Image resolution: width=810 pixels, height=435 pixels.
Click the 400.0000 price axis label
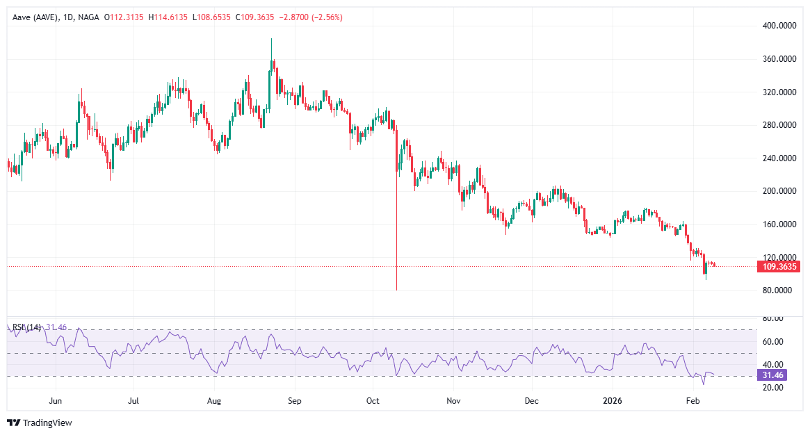point(779,26)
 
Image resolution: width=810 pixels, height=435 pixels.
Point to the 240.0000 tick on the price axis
point(779,158)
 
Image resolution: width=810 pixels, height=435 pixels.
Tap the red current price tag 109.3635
point(780,266)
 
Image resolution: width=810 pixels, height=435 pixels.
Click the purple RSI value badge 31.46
point(773,376)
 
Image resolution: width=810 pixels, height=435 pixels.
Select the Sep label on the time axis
point(294,401)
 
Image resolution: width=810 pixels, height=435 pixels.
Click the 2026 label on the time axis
point(613,401)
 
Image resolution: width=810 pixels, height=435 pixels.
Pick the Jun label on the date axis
point(56,401)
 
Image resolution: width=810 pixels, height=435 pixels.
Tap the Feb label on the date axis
point(692,401)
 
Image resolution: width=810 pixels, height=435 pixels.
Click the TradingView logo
point(40,422)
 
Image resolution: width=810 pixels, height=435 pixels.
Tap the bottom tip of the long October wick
point(396,290)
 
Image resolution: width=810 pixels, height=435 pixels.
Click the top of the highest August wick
point(271,39)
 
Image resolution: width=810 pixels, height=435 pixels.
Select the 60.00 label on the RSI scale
point(772,341)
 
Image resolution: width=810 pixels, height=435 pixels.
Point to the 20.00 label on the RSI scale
point(772,387)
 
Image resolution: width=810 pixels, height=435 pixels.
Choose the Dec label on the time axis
point(532,401)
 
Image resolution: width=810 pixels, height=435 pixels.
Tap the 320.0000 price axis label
point(779,92)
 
